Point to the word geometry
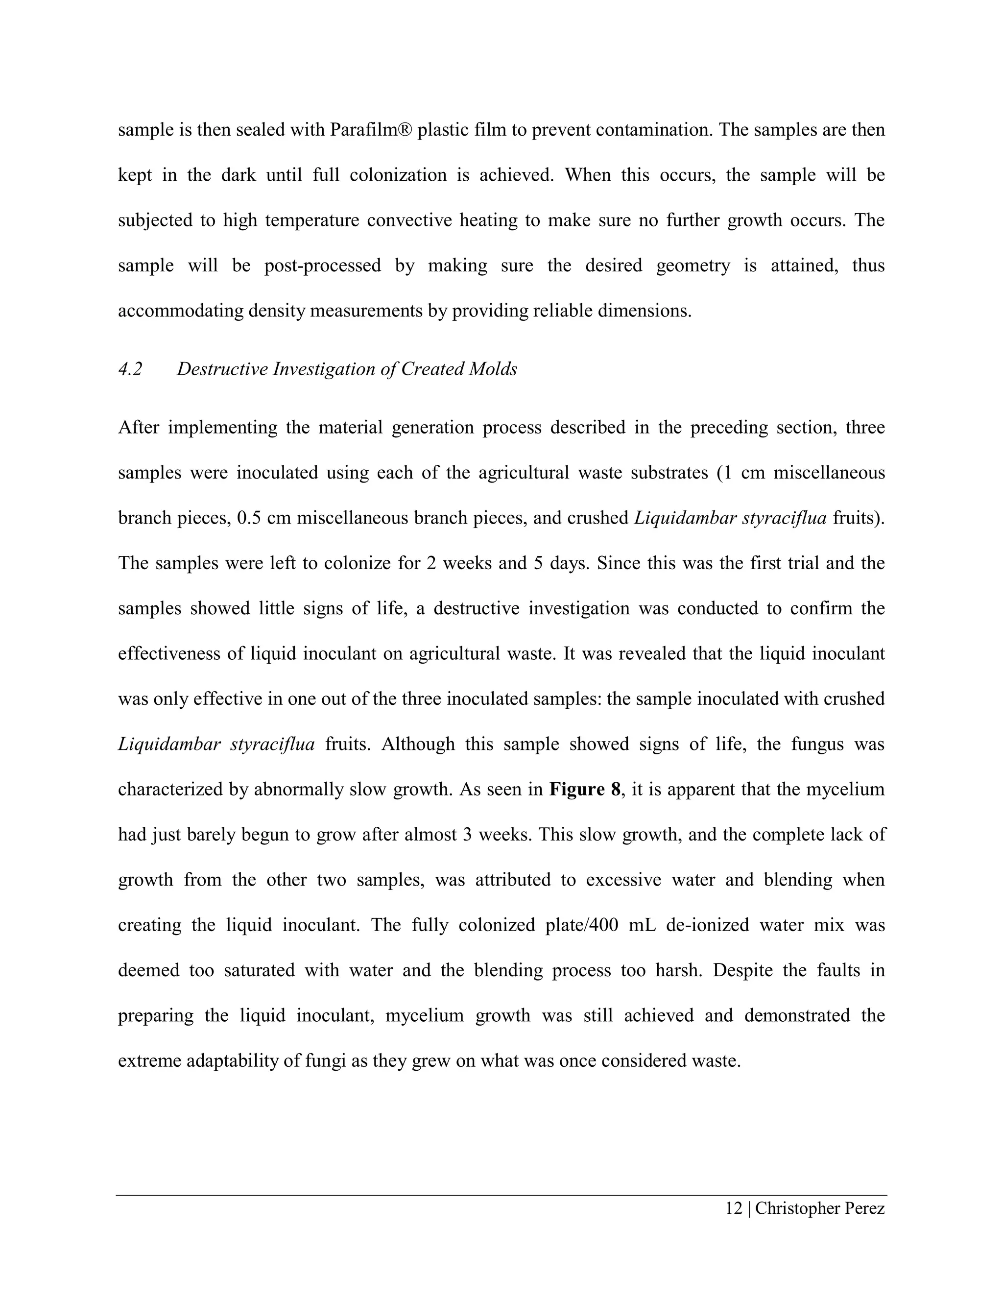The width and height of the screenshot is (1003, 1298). tap(693, 265)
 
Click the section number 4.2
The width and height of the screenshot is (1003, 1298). tap(130, 369)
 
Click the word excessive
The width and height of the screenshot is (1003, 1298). tap(623, 880)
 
